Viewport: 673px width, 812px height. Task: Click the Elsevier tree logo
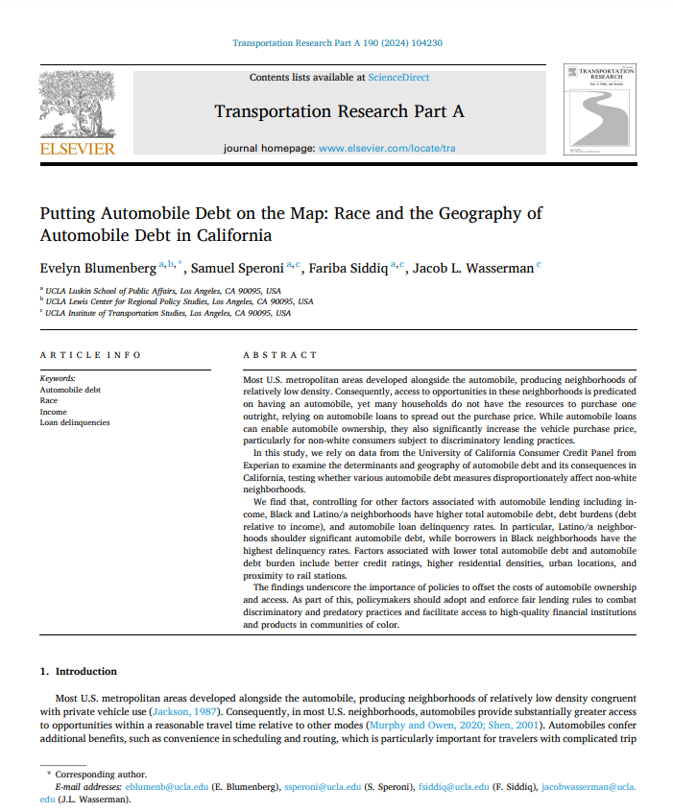point(76,106)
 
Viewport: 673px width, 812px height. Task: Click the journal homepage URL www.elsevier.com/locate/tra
point(387,150)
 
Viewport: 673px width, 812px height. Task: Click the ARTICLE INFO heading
point(90,355)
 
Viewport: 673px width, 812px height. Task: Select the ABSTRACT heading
point(279,355)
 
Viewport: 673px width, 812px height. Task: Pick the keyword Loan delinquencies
point(75,422)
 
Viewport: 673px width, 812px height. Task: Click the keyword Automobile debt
point(70,391)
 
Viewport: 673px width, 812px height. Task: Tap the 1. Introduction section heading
point(79,672)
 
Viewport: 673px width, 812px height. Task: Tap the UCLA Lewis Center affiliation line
point(163,300)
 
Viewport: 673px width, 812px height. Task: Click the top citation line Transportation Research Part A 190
point(337,43)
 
